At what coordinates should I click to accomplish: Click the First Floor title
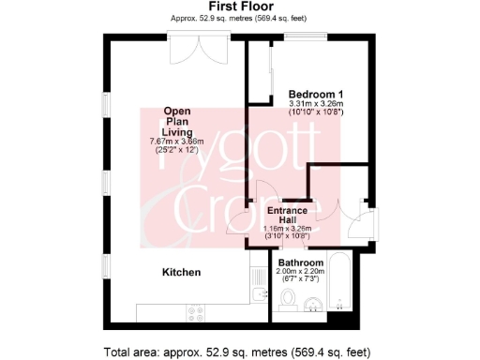coord(239,7)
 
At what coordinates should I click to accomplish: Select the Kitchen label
coord(182,272)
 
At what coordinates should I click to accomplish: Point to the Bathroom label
coord(300,262)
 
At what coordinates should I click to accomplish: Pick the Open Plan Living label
coord(177,121)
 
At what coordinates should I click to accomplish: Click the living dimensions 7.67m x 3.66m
coord(177,142)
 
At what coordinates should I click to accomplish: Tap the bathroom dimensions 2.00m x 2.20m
coord(300,271)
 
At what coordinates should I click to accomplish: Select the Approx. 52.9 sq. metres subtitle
coord(239,18)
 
